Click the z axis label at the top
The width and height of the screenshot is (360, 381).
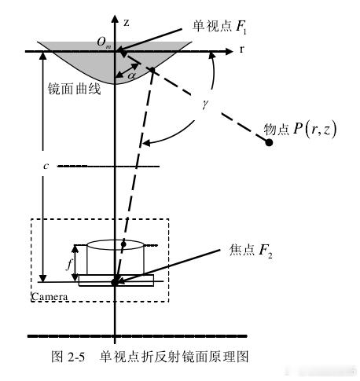pyautogui.click(x=127, y=23)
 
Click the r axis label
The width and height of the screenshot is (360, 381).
pyautogui.click(x=241, y=49)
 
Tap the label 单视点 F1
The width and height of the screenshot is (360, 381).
pyautogui.click(x=219, y=27)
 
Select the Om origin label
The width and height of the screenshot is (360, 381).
pyautogui.click(x=104, y=42)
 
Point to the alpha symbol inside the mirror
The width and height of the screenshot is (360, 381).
pyautogui.click(x=132, y=75)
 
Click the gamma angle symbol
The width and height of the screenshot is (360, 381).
pyautogui.click(x=205, y=104)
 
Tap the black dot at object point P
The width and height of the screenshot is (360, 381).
pyautogui.click(x=269, y=142)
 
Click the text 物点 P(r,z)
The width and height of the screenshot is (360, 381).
pyautogui.click(x=299, y=130)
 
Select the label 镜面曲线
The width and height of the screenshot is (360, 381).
pyautogui.click(x=74, y=89)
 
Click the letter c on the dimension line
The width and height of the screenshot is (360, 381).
pyautogui.click(x=46, y=166)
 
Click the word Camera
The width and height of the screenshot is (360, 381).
pyautogui.click(x=50, y=297)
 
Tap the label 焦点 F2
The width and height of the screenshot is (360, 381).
pyautogui.click(x=251, y=250)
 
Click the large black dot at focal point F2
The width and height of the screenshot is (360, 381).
pyautogui.click(x=115, y=282)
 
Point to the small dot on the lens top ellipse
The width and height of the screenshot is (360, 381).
pyautogui.click(x=123, y=244)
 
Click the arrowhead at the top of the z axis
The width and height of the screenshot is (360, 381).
pyautogui.click(x=115, y=19)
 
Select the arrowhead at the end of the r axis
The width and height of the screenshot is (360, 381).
pyautogui.click(x=229, y=51)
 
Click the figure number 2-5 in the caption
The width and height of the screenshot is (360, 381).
pyautogui.click(x=76, y=357)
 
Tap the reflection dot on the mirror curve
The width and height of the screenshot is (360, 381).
pyautogui.click(x=152, y=69)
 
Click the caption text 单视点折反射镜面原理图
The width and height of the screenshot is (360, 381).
pyautogui.click(x=174, y=357)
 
